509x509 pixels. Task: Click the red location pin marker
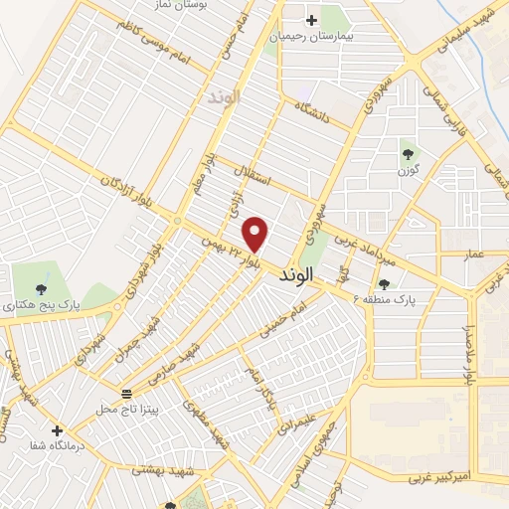tap(256, 233)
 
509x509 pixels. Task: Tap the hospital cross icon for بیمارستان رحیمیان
tap(311, 20)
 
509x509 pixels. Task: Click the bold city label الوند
tap(297, 272)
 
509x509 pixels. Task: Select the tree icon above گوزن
tap(408, 153)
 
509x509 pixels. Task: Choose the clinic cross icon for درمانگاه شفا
tap(58, 431)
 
